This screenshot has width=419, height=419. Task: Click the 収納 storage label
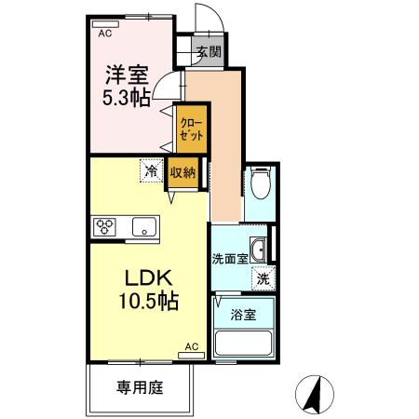point(182,171)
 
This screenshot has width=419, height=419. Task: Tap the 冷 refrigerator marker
point(151,171)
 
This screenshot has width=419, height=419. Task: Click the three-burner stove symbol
point(104,226)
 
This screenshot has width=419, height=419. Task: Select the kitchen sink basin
point(143,226)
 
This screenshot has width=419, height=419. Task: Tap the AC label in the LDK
point(191,346)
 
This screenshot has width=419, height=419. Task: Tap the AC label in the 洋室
point(104,32)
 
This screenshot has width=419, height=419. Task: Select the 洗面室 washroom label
point(229,258)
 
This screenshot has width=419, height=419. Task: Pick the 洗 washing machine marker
point(263,277)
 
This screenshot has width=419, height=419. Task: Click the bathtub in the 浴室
point(243,343)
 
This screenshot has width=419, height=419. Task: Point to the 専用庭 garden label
point(140,386)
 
